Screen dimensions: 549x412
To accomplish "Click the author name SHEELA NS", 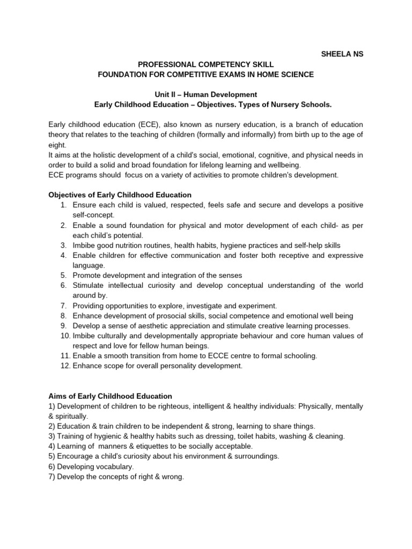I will pyautogui.click(x=342, y=55).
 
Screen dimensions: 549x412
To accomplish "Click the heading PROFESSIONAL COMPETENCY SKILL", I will pyautogui.click(x=206, y=64).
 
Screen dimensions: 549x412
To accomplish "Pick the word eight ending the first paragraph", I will pyautogui.click(x=57, y=144).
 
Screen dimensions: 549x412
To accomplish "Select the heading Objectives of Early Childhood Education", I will pyautogui.click(x=120, y=195).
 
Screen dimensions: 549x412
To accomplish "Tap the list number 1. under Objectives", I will pyautogui.click(x=63, y=205).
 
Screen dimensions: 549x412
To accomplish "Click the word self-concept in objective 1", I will pyautogui.click(x=93, y=214).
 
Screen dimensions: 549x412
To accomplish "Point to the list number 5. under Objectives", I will pyautogui.click(x=63, y=276).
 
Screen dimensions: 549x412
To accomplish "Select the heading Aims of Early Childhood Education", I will pyautogui.click(x=110, y=396).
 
